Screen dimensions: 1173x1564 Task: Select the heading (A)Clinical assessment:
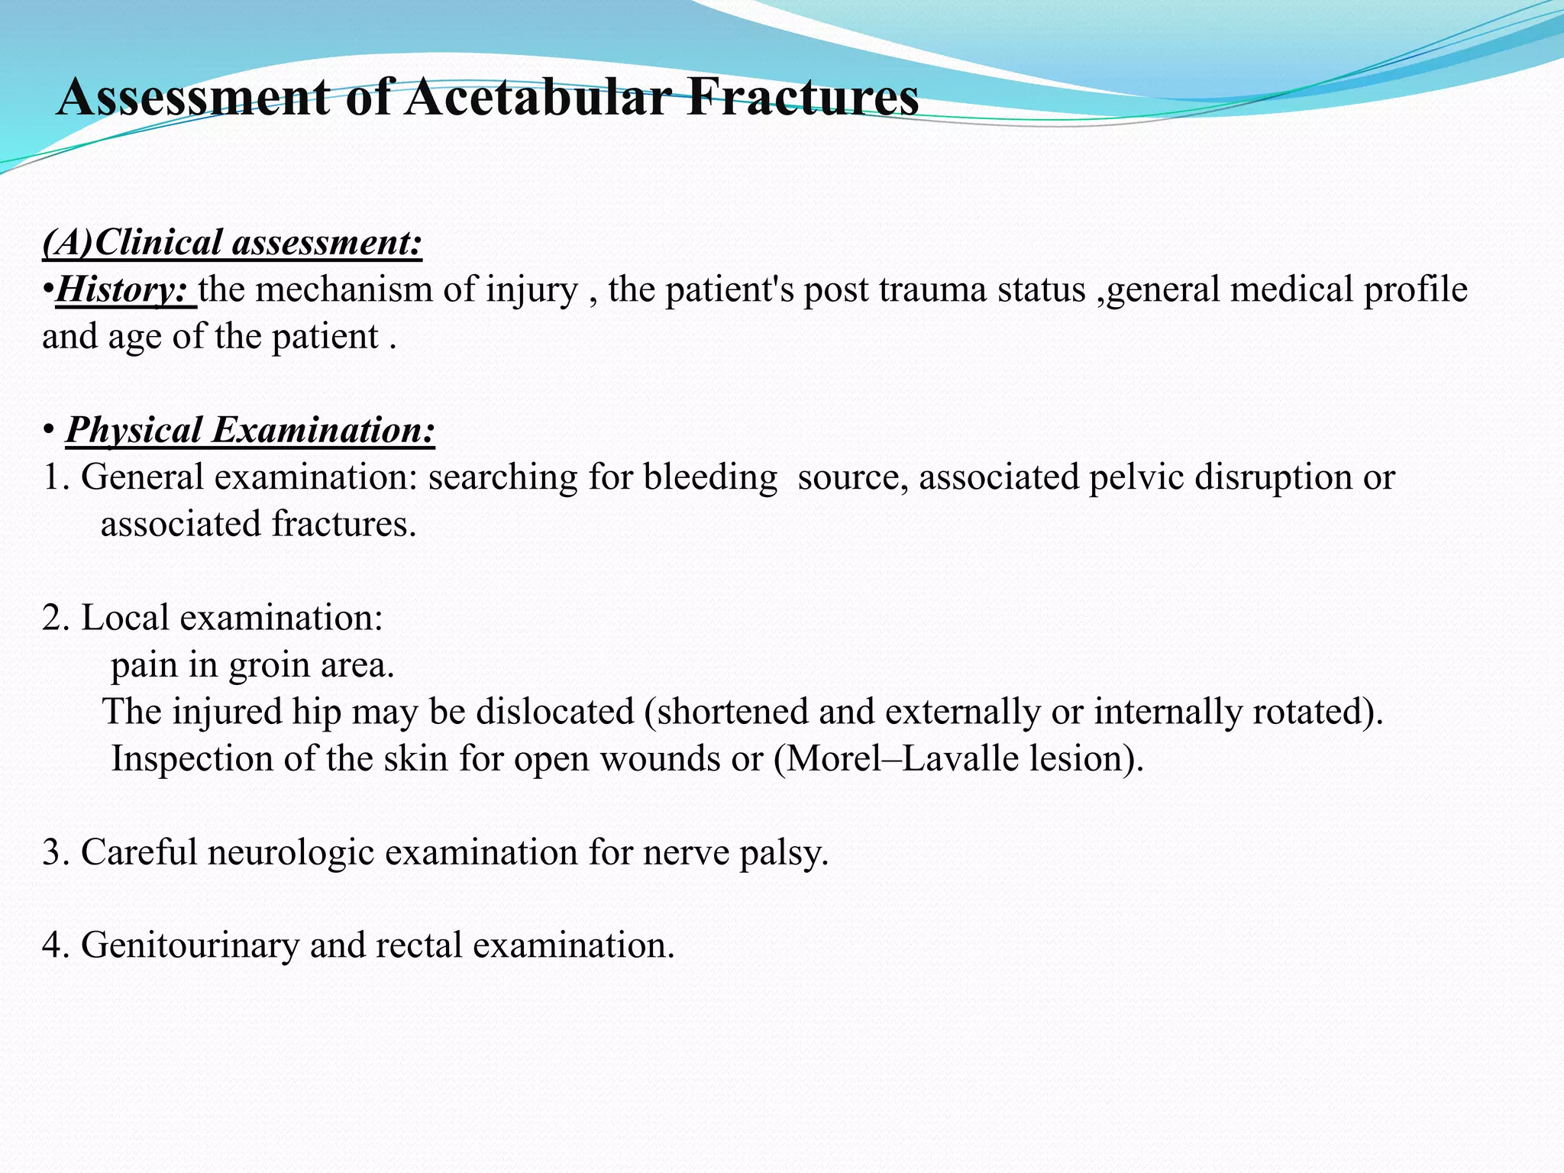(x=232, y=243)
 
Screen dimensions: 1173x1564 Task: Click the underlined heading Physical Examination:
(x=250, y=430)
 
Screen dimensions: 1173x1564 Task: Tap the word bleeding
(x=710, y=477)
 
